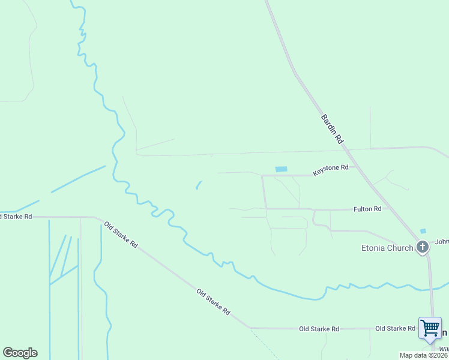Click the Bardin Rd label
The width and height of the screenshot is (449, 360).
(x=331, y=129)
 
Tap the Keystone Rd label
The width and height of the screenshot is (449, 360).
(x=330, y=170)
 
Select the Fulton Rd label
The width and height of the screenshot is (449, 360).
(x=367, y=209)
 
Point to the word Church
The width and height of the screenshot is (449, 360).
(x=400, y=248)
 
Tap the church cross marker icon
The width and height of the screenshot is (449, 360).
(x=423, y=247)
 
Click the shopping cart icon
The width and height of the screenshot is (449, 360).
(x=430, y=328)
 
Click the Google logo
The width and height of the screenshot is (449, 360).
(x=20, y=353)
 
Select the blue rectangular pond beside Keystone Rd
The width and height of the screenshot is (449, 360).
(x=281, y=169)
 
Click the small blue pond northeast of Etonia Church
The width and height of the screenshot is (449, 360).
(x=423, y=231)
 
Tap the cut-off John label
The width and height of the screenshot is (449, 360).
(x=442, y=242)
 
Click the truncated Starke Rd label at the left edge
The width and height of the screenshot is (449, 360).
(x=16, y=216)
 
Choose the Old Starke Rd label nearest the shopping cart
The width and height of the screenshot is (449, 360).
(x=395, y=328)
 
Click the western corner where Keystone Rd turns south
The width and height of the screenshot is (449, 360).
(x=262, y=176)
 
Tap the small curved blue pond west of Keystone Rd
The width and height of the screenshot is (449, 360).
(x=198, y=185)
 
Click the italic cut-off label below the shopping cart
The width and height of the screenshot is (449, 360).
(x=444, y=348)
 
